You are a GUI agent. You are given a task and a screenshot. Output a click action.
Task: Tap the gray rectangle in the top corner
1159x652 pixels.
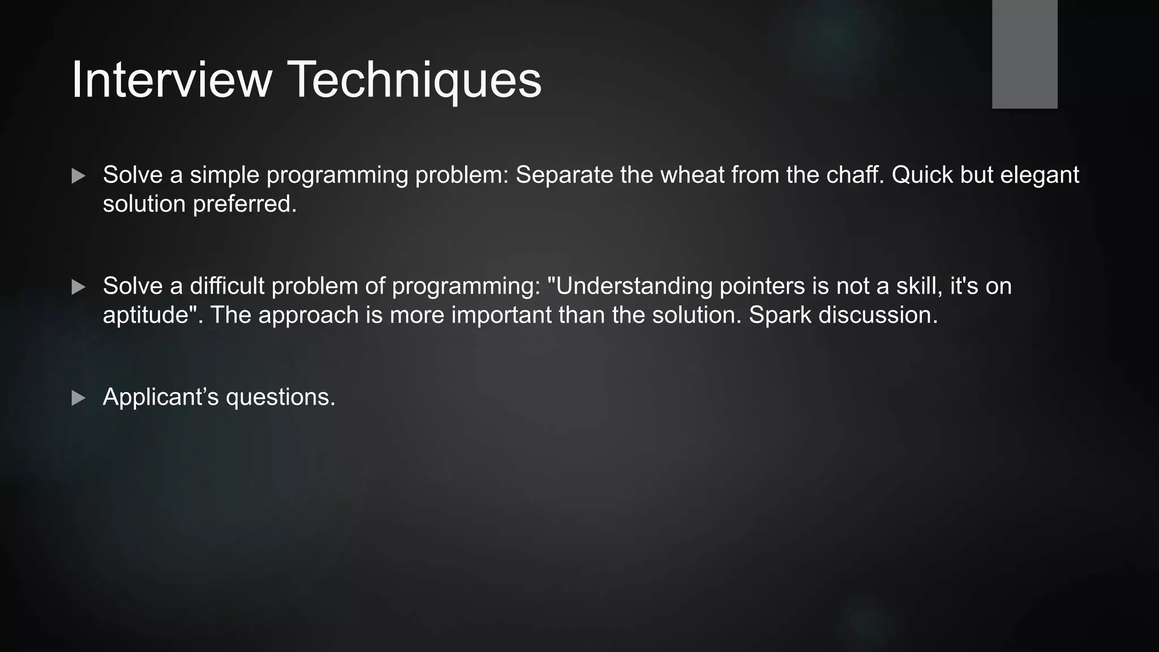click(1024, 54)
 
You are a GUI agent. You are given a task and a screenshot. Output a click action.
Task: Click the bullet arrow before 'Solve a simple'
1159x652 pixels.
click(79, 176)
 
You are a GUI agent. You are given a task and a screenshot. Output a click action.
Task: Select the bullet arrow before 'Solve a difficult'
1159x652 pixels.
click(79, 287)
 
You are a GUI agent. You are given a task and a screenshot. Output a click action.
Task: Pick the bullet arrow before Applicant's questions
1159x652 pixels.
click(79, 398)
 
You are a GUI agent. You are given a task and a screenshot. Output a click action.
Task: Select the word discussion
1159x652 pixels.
click(878, 315)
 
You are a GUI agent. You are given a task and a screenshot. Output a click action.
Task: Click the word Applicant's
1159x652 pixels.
click(160, 397)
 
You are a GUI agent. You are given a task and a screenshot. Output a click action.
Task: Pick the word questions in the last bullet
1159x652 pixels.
click(280, 397)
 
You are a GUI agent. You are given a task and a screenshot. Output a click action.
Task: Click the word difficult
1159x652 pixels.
click(227, 286)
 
